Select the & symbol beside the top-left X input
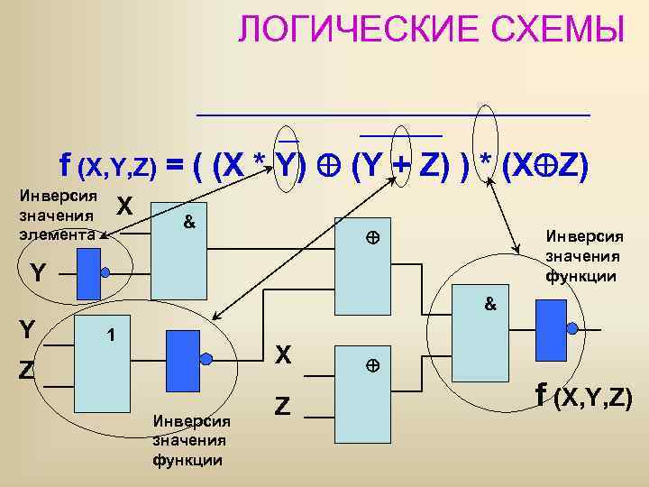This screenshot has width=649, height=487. tap(188, 221)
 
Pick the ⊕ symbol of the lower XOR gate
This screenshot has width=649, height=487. tap(370, 366)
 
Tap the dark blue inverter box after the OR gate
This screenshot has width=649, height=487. tap(183, 358)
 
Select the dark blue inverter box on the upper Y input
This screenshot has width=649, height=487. tap(88, 273)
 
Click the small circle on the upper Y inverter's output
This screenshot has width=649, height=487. tap(106, 272)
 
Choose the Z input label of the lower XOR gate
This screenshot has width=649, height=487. tap(282, 408)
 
